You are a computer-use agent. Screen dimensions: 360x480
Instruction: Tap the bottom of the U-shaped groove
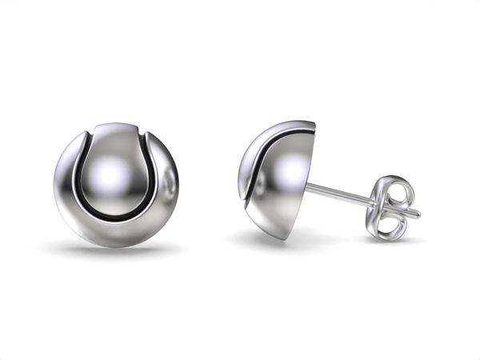coord(118,217)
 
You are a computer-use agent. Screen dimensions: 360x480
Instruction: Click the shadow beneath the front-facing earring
coord(117,251)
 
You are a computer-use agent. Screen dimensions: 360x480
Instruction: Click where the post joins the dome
coord(307,186)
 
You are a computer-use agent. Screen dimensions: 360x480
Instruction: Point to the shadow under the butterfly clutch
coord(392,239)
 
